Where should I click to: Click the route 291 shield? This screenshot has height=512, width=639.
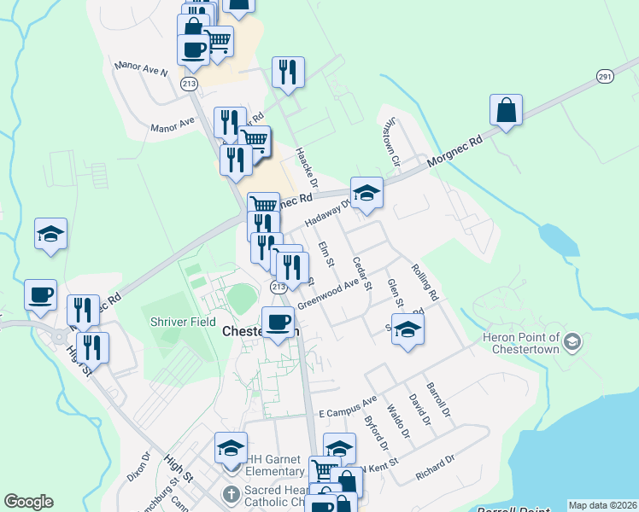(x=605, y=76)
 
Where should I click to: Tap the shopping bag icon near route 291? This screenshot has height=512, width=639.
(x=507, y=110)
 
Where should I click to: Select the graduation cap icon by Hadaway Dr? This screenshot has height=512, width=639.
(x=366, y=193)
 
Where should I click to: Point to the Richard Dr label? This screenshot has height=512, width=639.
(x=435, y=468)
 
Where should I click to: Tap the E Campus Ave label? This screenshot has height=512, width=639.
(x=348, y=406)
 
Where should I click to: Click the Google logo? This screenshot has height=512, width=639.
(x=29, y=502)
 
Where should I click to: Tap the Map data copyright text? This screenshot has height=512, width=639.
(x=602, y=505)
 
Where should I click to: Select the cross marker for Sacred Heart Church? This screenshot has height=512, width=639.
(x=231, y=494)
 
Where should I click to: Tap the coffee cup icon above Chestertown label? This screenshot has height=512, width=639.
(x=278, y=323)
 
